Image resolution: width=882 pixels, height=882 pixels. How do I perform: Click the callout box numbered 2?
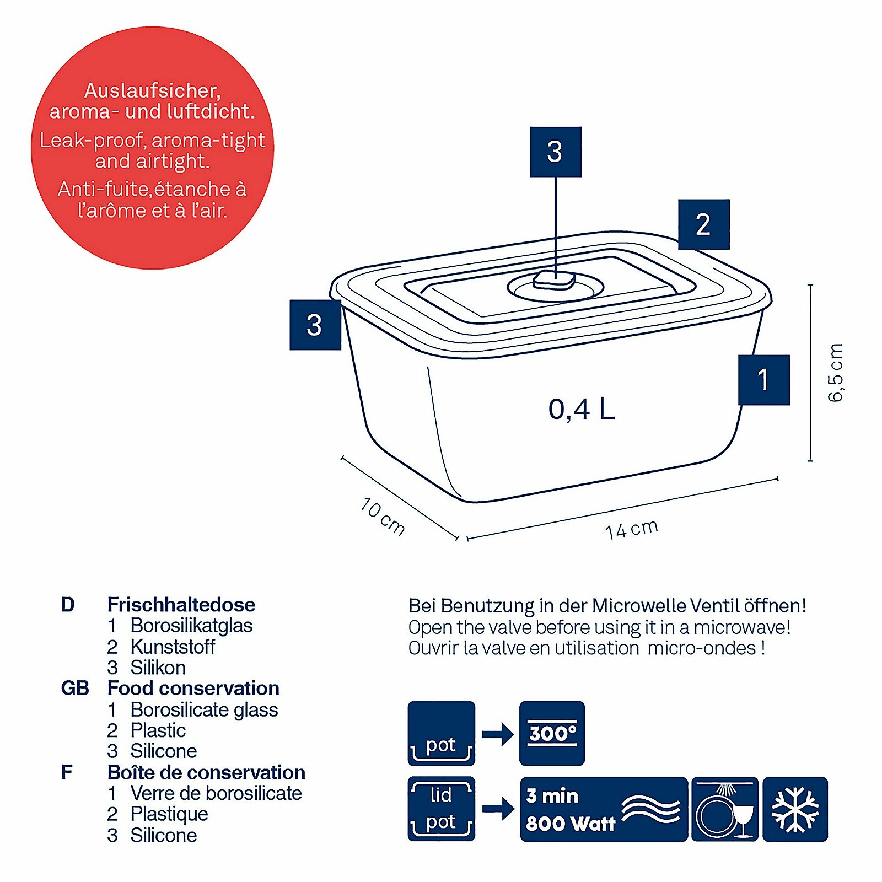click(x=703, y=224)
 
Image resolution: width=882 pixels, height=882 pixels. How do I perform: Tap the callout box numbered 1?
click(x=763, y=380)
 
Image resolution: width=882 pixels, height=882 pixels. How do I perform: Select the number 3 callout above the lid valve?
click(x=555, y=152)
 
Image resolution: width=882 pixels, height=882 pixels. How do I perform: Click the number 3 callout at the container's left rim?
click(x=315, y=325)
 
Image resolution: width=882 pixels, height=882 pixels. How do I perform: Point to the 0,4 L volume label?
click(x=582, y=409)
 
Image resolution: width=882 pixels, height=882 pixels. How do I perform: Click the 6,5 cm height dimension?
click(x=836, y=373)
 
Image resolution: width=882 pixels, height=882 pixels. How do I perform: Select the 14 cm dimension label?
click(x=631, y=529)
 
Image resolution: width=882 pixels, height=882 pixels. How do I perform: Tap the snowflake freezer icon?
click(x=795, y=809)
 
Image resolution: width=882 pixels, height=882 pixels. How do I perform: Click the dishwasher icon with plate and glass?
click(x=724, y=809)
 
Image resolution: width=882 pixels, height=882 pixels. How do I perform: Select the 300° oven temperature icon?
click(x=552, y=733)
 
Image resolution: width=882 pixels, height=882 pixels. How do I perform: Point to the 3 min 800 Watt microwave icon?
click(x=604, y=809)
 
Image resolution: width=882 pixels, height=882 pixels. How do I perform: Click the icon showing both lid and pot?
click(x=441, y=809)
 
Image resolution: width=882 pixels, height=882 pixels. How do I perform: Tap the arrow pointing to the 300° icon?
click(x=497, y=734)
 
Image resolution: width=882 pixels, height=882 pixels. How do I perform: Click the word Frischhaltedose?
click(x=181, y=605)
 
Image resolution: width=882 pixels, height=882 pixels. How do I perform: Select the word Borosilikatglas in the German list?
click(x=191, y=626)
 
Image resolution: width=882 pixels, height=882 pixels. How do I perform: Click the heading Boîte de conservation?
click(x=206, y=772)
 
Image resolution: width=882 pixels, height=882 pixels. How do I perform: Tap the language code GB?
click(x=75, y=689)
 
